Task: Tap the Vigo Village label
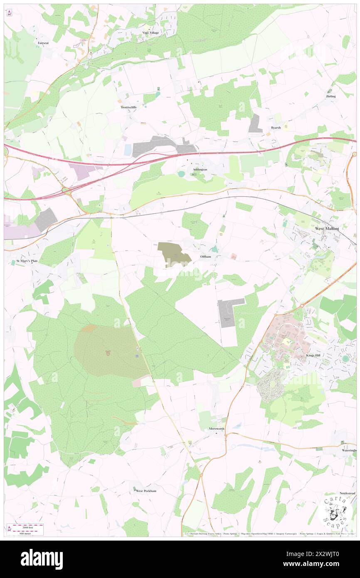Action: pos(150,32)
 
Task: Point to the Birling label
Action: pos(330,96)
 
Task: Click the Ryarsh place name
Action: pos(276,128)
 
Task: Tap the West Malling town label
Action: pos(327,228)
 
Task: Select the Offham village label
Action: pos(205,257)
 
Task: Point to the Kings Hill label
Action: pos(311,356)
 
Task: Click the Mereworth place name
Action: pos(217,429)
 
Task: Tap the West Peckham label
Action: pos(146,491)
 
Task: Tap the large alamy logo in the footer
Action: pos(42,559)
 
